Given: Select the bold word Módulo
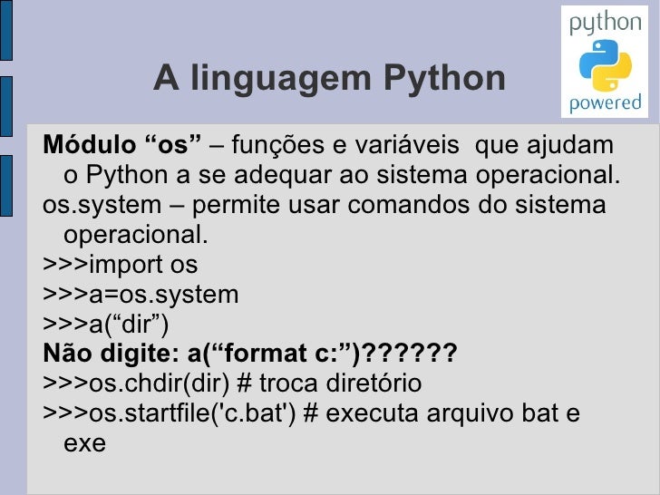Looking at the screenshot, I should point(89,145).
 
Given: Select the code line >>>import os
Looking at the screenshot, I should point(120,265).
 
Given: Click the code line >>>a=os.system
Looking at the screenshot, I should point(141,295).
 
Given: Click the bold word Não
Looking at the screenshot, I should point(66,354).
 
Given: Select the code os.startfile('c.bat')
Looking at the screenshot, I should point(191,413).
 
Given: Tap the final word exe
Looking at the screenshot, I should point(85,443).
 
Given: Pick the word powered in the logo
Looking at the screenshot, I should point(605,103).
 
